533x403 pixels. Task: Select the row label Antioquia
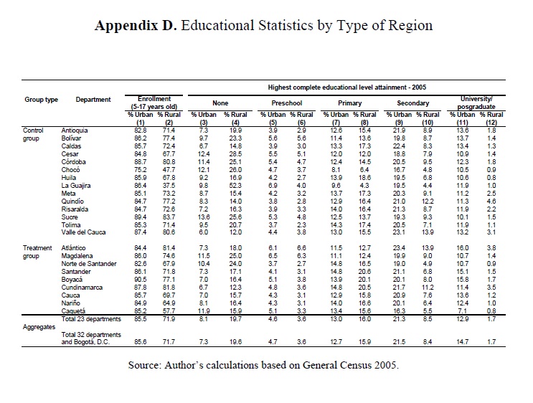click(75, 130)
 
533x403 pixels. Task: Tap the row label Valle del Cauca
click(84, 232)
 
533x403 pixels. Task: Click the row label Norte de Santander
click(89, 264)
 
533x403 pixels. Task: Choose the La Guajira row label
click(77, 185)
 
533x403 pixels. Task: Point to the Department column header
click(93, 100)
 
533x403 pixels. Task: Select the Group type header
click(41, 100)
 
